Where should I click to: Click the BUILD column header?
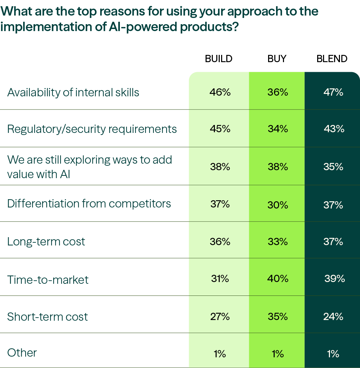point(218,59)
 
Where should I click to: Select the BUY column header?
point(277,59)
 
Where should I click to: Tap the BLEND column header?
point(332,59)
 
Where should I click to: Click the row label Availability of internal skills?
point(73,93)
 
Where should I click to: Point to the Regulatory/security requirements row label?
point(92,129)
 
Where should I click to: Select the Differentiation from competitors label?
point(89,204)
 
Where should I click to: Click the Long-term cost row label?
point(46,241)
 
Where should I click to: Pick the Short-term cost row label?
point(48,317)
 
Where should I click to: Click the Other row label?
point(22,353)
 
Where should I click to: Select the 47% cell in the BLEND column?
point(333,93)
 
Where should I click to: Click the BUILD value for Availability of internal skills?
point(220,93)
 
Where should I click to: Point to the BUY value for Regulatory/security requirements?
point(277,129)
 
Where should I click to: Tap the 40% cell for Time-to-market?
point(277,279)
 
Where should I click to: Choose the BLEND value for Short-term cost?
point(333,317)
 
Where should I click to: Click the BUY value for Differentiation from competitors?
point(277,205)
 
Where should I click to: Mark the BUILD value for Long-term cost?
point(220,242)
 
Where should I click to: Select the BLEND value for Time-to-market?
point(334,279)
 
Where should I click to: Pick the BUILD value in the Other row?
point(220,354)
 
